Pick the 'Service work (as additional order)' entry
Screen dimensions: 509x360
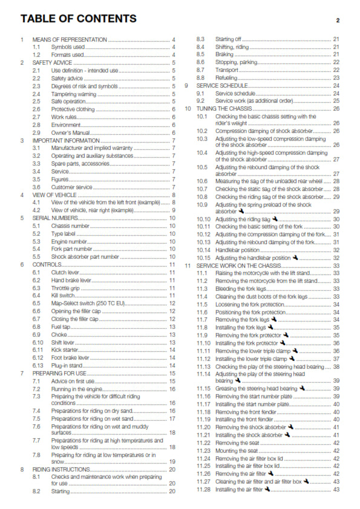[x=259, y=101]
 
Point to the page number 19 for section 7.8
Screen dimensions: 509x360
[x=172, y=461]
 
